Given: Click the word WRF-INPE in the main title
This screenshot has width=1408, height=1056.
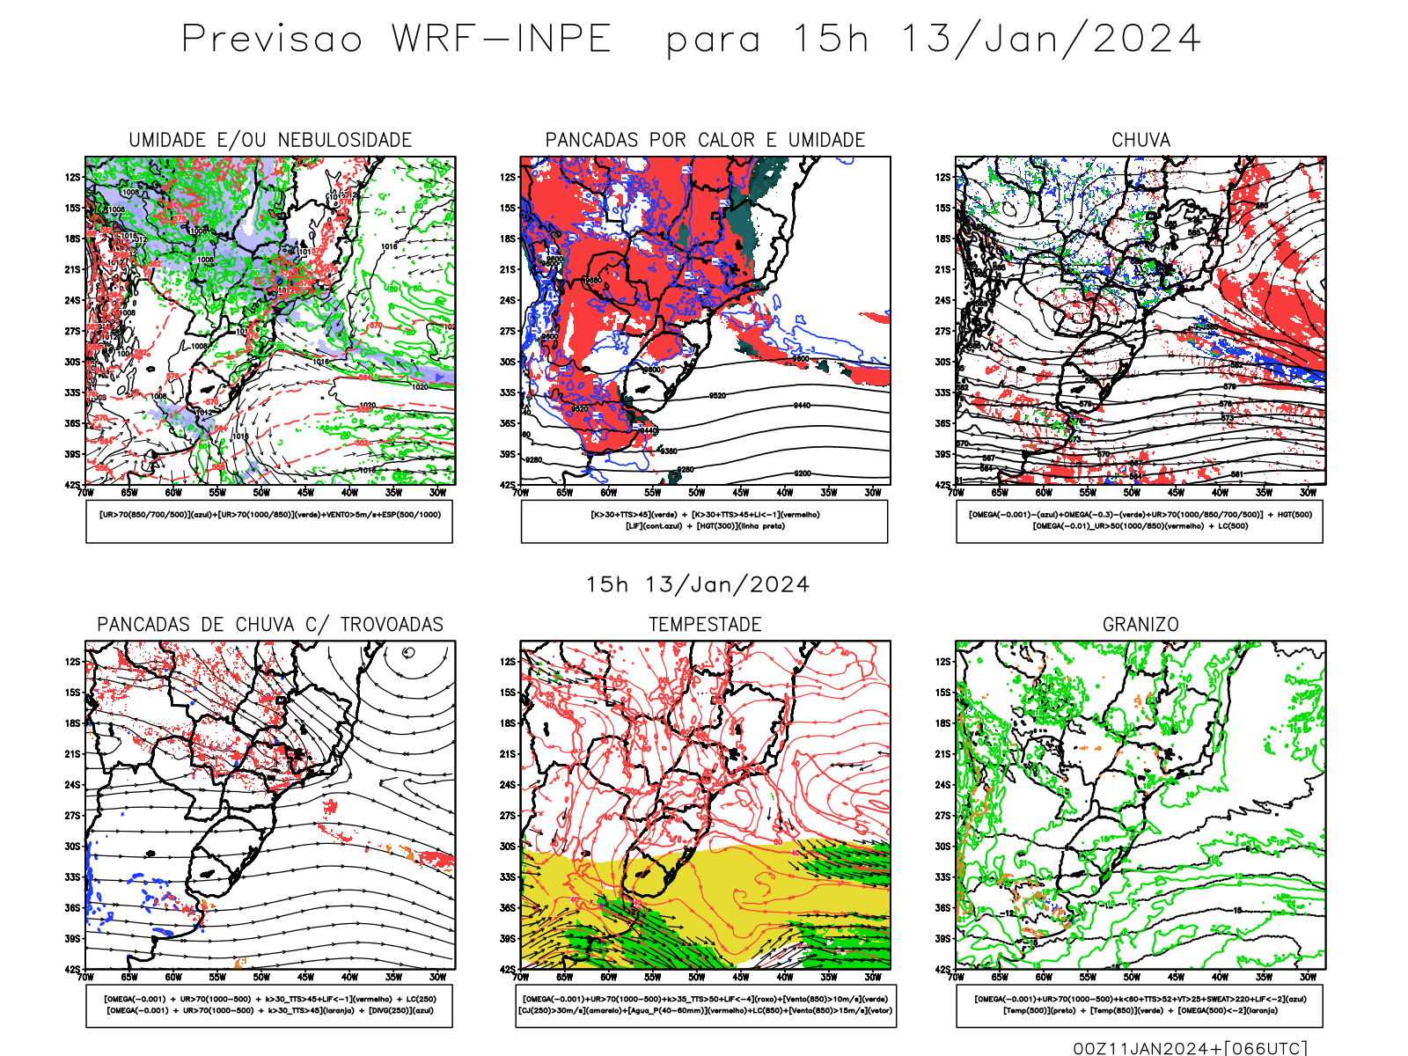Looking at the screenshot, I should (x=502, y=40).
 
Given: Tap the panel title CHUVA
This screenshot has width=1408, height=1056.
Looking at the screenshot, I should (x=1140, y=141).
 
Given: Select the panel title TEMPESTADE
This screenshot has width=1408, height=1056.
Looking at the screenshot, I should (x=705, y=625).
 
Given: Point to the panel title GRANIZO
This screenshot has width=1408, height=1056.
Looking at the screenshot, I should (x=1140, y=625).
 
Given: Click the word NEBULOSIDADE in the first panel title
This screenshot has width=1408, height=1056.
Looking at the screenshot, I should (x=345, y=141).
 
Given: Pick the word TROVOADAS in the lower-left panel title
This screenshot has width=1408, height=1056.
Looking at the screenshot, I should (x=392, y=625).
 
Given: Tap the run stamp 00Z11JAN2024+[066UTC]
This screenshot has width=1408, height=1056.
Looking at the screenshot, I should (x=1191, y=1047).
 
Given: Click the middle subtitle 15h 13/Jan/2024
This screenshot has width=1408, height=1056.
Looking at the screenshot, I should (x=698, y=585).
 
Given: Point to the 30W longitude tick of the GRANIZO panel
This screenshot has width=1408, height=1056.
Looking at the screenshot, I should (x=1308, y=977).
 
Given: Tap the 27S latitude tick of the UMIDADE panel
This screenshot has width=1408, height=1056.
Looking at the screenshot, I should (x=72, y=331).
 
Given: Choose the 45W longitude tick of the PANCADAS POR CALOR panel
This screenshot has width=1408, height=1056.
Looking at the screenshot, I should (x=741, y=493).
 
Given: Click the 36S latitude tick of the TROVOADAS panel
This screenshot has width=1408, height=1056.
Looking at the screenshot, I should (x=72, y=907).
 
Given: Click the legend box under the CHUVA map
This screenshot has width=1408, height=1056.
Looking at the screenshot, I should (x=1140, y=521).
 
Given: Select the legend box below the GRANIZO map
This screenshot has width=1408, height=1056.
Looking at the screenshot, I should (x=1140, y=1005).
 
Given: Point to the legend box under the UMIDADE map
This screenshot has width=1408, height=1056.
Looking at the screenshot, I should (x=269, y=521).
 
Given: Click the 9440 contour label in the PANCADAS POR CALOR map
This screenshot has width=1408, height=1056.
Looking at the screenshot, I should (x=801, y=406).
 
